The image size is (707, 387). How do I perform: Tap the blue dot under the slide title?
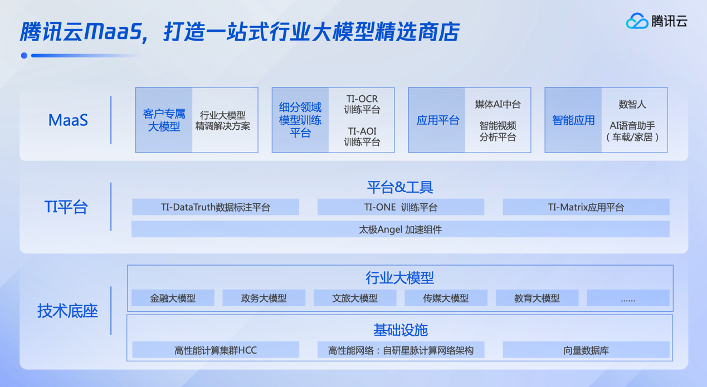tap(24, 56)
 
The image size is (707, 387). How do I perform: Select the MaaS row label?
tap(68, 120)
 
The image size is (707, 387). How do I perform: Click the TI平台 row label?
tap(66, 207)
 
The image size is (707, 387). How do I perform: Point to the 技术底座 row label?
tap(67, 311)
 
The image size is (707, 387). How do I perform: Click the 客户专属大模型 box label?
tap(164, 120)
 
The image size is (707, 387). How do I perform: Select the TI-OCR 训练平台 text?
tap(362, 104)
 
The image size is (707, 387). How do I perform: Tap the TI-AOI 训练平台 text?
tap(362, 136)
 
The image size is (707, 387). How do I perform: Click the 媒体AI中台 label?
tap(498, 104)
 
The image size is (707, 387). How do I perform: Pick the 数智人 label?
tap(632, 104)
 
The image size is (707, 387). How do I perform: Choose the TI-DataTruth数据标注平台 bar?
tap(216, 207)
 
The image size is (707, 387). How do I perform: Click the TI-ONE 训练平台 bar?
tap(401, 207)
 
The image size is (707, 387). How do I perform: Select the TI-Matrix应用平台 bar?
tap(586, 207)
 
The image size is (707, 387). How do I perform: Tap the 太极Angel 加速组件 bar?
tap(401, 229)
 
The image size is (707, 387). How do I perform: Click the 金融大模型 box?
tap(173, 298)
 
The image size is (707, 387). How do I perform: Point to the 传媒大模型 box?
tap(446, 298)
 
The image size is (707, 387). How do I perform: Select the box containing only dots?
tap(628, 298)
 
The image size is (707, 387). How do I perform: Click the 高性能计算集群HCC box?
tap(216, 350)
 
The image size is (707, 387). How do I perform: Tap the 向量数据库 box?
tap(586, 350)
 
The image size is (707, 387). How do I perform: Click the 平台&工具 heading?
tap(400, 187)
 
